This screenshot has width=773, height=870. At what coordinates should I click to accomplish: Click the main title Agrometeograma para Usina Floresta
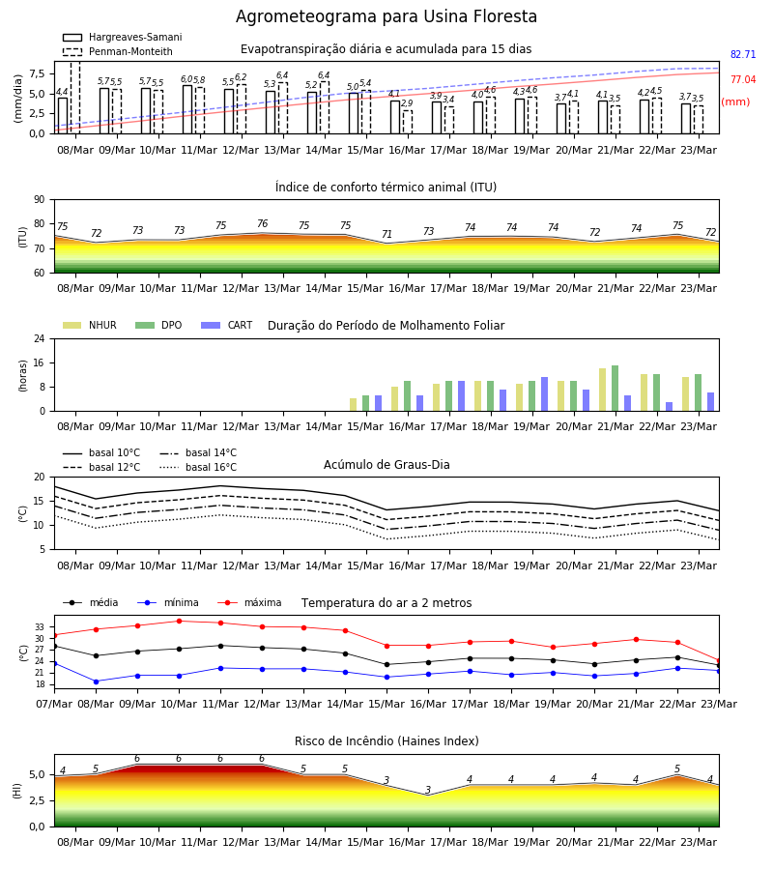[386, 16]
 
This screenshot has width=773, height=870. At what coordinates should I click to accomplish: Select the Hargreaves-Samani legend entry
[123, 37]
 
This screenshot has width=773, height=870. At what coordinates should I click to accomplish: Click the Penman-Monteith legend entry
[118, 51]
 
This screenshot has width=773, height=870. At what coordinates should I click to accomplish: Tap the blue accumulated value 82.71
[743, 54]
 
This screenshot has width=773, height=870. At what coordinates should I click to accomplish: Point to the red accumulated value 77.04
[743, 79]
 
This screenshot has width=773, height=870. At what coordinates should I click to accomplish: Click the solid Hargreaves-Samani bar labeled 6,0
[187, 109]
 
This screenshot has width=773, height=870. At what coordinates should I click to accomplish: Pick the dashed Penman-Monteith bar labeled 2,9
[408, 122]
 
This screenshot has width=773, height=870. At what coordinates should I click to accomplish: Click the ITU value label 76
[262, 223]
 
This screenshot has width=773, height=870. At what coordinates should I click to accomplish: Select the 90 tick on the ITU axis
[40, 200]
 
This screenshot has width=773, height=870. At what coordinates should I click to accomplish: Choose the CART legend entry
[227, 325]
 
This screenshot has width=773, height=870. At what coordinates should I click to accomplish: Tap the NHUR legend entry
[90, 325]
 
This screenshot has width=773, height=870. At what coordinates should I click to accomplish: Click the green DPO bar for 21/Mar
[615, 389]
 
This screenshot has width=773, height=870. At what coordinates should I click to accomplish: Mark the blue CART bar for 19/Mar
[545, 394]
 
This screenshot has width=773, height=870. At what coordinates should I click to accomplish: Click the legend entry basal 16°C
[198, 467]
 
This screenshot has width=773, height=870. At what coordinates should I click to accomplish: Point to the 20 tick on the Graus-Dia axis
[40, 478]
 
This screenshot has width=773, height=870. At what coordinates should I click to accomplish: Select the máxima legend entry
[249, 602]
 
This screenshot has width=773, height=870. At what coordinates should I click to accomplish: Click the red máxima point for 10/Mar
[179, 621]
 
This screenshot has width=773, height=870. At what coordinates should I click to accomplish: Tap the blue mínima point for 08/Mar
[96, 681]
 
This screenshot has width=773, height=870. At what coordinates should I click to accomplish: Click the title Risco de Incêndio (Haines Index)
[386, 741]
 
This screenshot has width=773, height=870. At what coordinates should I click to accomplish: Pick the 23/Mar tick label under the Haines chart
[699, 842]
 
